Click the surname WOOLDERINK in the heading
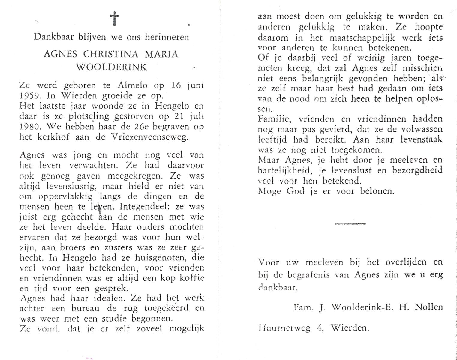(112, 67)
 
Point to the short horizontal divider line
(350, 224)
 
